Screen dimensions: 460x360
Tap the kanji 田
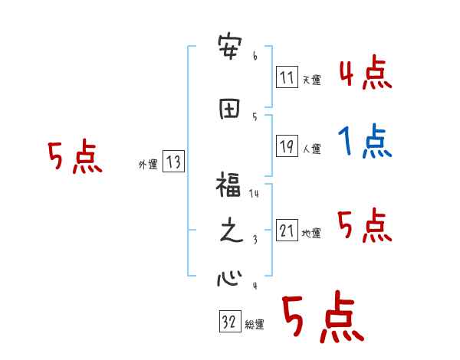[x=229, y=109]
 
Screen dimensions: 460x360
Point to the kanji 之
[x=229, y=232]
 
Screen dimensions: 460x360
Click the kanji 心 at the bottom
[x=228, y=278]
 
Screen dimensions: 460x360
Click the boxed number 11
[x=287, y=77]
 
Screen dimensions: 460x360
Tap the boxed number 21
[x=287, y=230]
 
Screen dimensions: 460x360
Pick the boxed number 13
[x=174, y=162]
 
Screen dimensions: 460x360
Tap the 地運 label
[x=312, y=233]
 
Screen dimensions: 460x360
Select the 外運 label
[x=148, y=164]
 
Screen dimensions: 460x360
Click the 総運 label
[x=255, y=325]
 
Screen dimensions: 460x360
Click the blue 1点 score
[x=363, y=141]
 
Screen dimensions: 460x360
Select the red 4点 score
[x=364, y=73]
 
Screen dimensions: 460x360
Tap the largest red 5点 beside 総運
[x=322, y=319]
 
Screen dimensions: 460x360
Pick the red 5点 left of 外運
[x=74, y=158]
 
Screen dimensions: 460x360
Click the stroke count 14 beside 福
[x=255, y=195]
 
